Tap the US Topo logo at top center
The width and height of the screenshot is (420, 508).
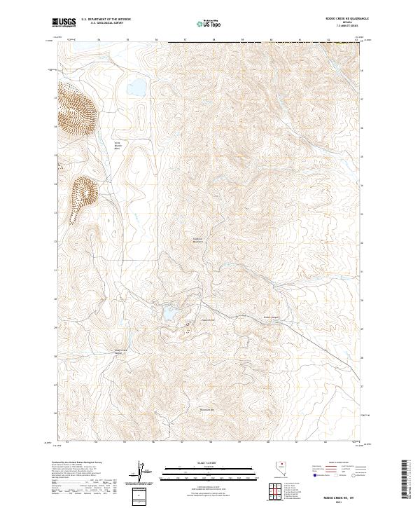(x=203, y=24)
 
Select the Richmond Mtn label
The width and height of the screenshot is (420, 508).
(x=207, y=410)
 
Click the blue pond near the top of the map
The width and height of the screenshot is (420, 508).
(x=136, y=88)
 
